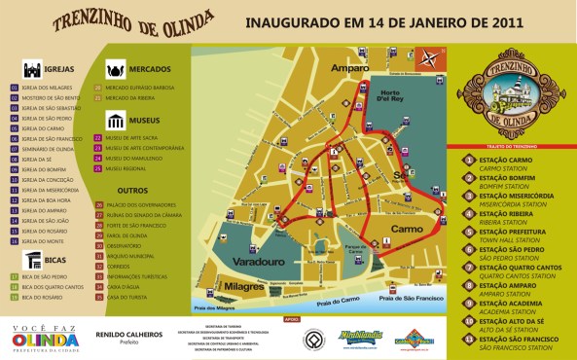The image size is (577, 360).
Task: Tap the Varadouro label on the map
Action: [x=258, y=263]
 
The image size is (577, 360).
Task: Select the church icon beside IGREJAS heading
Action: [x=29, y=69]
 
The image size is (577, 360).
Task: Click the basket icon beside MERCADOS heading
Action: [x=115, y=70]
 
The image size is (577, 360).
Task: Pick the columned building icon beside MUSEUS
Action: [x=115, y=121]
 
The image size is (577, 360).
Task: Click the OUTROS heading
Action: [x=132, y=191]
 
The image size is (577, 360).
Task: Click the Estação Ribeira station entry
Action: [x=504, y=215]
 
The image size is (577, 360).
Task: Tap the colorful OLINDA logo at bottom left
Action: [x=44, y=342]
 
